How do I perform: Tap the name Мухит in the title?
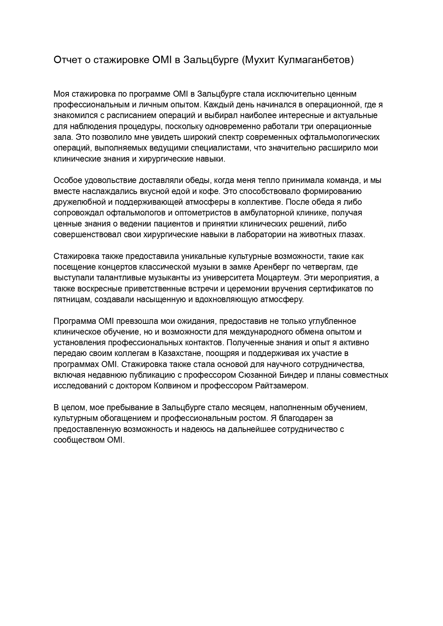pyautogui.click(x=257, y=60)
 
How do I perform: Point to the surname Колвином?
pyautogui.click(x=172, y=386)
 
